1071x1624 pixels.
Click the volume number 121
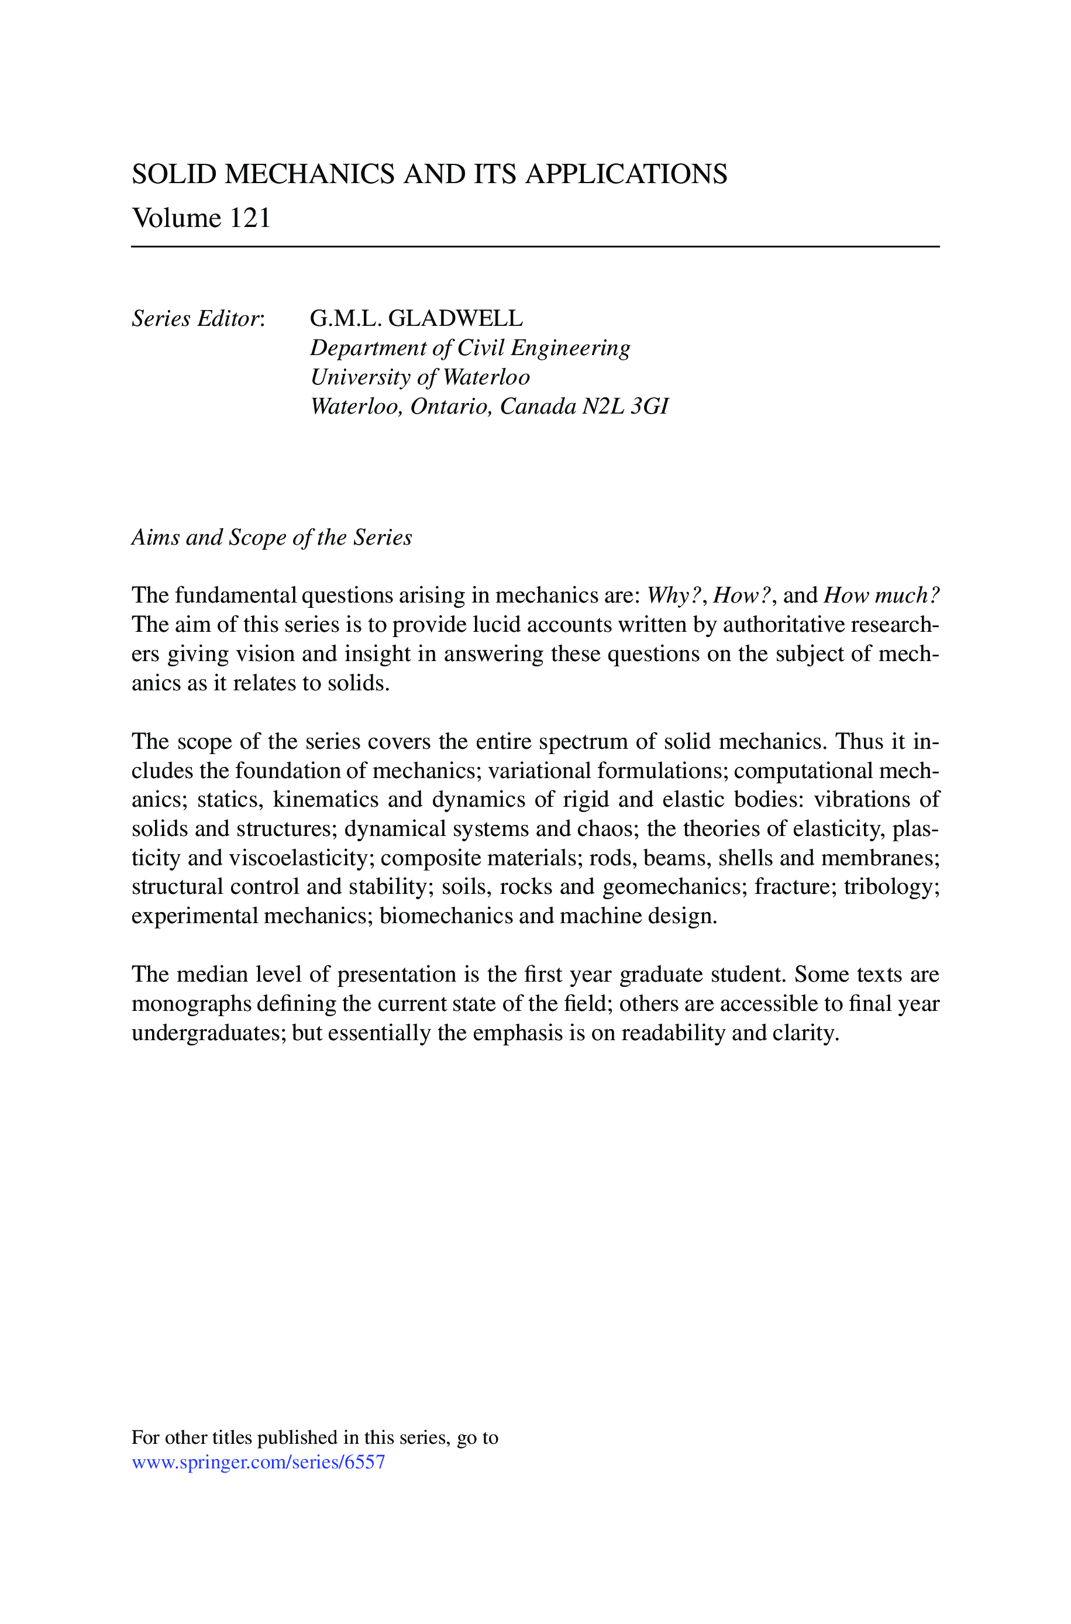[249, 219]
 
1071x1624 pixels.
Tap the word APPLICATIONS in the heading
[626, 175]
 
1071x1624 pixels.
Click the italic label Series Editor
[197, 319]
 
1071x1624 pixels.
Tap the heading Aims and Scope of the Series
[271, 538]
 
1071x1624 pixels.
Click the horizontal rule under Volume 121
[536, 246]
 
